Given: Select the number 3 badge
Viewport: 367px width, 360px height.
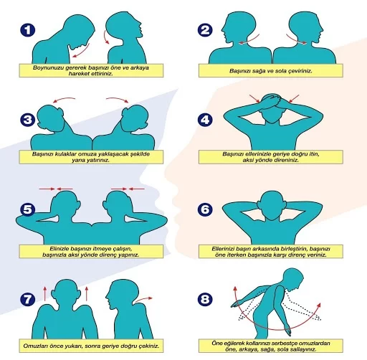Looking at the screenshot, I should pos(27,119).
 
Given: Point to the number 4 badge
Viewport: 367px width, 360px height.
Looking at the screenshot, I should pos(206,119).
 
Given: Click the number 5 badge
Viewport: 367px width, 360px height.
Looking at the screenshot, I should pos(27,209).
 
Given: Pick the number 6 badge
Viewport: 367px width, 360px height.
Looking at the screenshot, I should pos(206,209).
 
